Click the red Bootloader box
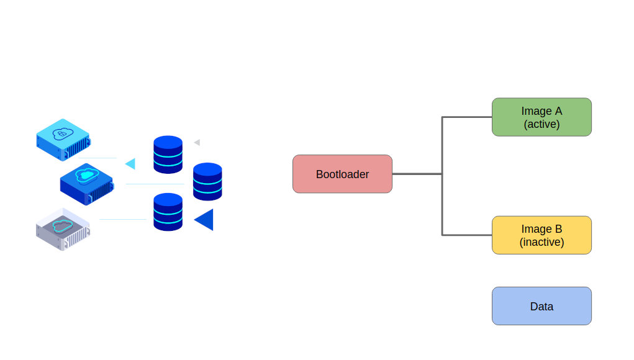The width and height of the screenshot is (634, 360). click(x=342, y=174)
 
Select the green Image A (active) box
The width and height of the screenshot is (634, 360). click(x=541, y=117)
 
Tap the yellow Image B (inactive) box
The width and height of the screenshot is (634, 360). click(x=541, y=235)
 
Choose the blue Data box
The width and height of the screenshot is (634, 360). click(x=541, y=305)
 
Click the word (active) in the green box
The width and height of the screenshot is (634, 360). click(x=541, y=124)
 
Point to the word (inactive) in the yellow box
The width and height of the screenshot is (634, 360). click(x=541, y=242)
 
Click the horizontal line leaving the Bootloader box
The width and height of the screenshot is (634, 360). click(x=416, y=174)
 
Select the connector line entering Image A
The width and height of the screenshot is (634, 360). click(x=467, y=117)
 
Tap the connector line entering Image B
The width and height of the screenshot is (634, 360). click(x=467, y=235)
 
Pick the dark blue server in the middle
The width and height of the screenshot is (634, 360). click(x=87, y=183)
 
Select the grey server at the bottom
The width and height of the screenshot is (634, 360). click(x=63, y=229)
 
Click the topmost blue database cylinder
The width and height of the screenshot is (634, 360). click(x=168, y=154)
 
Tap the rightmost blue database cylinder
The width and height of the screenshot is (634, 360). click(x=207, y=181)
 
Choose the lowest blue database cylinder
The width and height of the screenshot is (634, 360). click(x=168, y=212)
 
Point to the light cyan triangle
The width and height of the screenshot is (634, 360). click(x=131, y=164)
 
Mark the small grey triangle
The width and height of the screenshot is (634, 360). click(x=197, y=143)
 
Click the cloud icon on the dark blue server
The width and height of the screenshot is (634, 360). click(x=86, y=175)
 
